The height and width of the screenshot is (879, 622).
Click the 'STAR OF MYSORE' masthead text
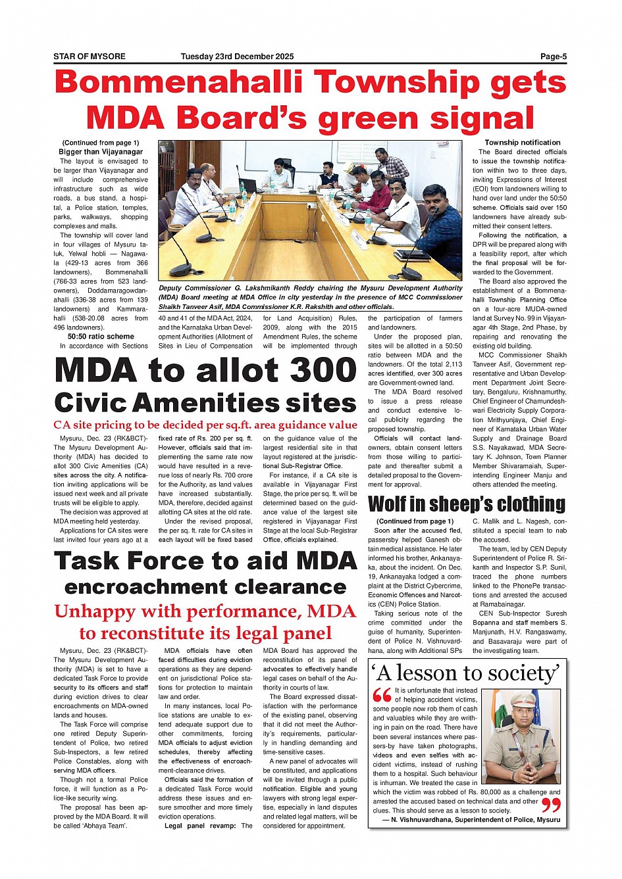tap(90, 57)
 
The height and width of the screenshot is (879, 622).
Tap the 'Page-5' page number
tap(553, 57)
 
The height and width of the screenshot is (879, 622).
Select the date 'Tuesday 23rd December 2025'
tap(237, 57)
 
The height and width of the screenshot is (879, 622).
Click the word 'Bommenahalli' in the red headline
tap(180, 83)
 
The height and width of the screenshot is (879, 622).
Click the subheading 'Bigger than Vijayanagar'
tap(101, 152)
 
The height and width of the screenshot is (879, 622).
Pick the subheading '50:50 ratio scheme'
tap(101, 337)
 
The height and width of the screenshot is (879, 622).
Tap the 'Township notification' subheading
tap(523, 143)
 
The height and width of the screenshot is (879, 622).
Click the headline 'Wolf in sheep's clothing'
tap(466, 504)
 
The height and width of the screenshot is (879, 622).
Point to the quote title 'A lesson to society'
tap(467, 673)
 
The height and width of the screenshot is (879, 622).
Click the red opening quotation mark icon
tap(382, 695)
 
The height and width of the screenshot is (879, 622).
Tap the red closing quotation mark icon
tap(550, 805)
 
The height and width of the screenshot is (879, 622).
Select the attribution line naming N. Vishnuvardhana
tap(475, 820)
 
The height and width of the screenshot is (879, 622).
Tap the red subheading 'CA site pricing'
tap(205, 425)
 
